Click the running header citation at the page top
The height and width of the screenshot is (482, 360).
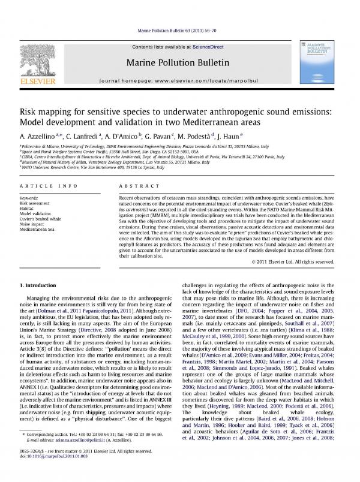(179, 29)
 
